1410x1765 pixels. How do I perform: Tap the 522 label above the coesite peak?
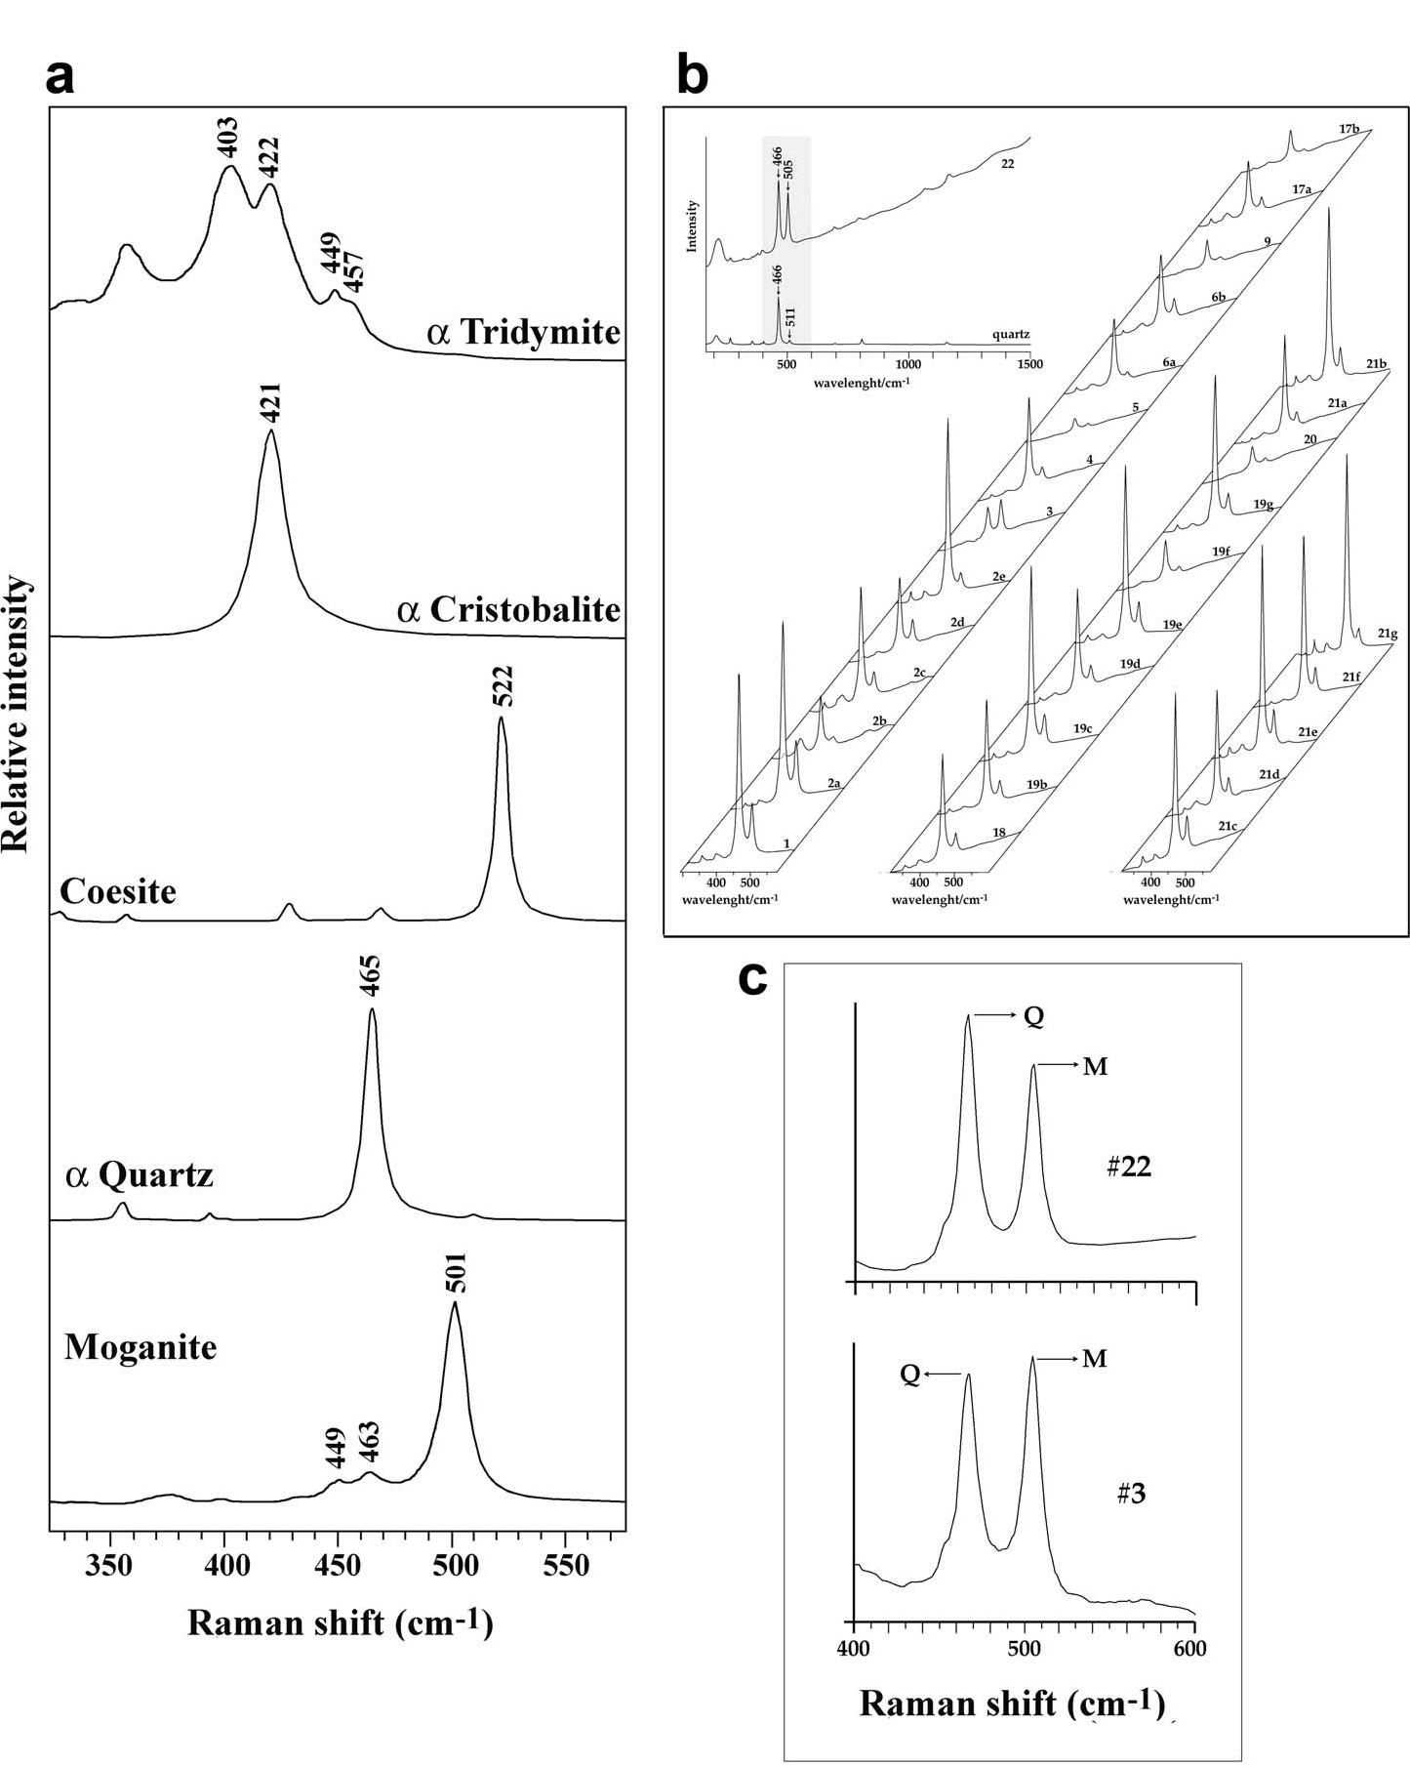click(503, 686)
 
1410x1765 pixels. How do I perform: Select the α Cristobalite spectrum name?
click(508, 609)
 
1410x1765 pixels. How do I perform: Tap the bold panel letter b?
click(692, 76)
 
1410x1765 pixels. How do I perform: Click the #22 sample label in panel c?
click(1129, 1168)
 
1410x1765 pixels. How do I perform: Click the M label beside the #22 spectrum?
click(1095, 1067)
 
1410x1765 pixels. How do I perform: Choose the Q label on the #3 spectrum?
click(909, 1375)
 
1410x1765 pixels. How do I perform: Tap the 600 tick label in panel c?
click(1190, 1649)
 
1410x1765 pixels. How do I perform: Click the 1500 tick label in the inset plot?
click(1028, 364)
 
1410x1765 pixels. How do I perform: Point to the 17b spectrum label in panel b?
click(1350, 128)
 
